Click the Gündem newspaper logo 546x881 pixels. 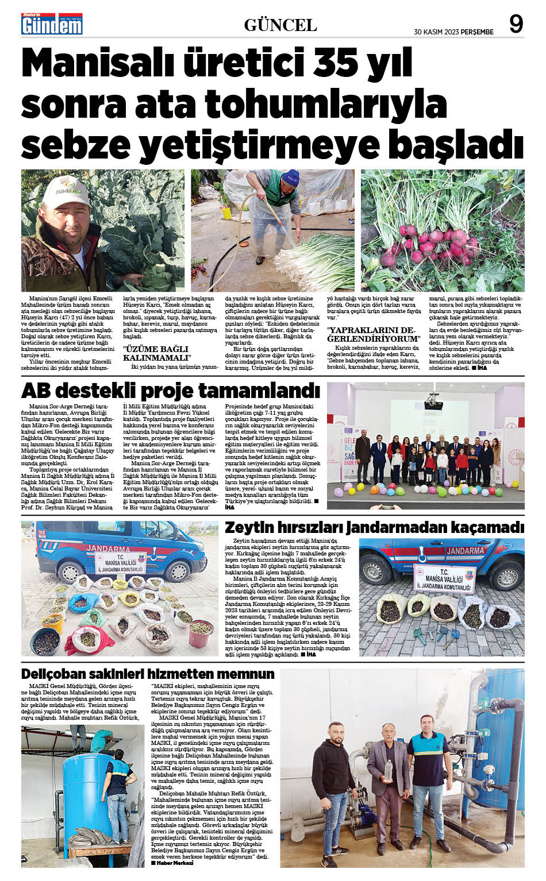point(52,25)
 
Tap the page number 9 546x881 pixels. point(516,25)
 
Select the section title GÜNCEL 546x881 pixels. point(280,25)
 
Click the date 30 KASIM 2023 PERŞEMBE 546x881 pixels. point(453,32)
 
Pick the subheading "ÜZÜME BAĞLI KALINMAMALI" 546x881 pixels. point(156,353)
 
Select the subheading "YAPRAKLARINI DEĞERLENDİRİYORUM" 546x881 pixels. point(371,334)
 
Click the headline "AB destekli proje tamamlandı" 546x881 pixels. point(170,391)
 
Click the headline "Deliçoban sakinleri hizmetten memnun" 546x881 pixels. point(148,674)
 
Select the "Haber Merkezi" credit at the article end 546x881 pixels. point(172,863)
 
